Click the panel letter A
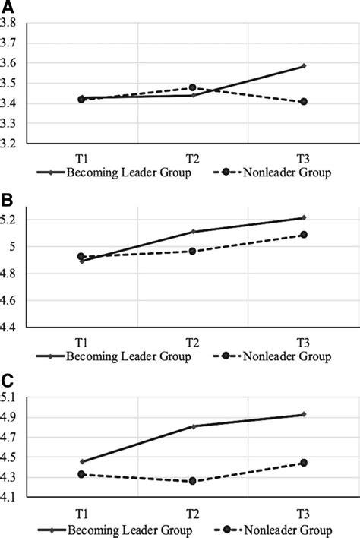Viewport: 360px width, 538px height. point(6,8)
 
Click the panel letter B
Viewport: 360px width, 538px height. point(6,201)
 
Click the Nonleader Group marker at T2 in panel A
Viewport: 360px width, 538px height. point(193,88)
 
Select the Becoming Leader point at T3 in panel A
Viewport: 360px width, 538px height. point(304,66)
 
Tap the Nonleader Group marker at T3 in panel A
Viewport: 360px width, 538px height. point(304,101)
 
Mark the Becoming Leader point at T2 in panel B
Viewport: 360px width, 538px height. point(193,232)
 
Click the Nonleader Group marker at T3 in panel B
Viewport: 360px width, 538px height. point(304,235)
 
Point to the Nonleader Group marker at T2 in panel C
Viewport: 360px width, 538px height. point(193,481)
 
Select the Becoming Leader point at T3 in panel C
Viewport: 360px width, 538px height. point(304,414)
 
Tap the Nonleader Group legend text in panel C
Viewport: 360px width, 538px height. point(288,530)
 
